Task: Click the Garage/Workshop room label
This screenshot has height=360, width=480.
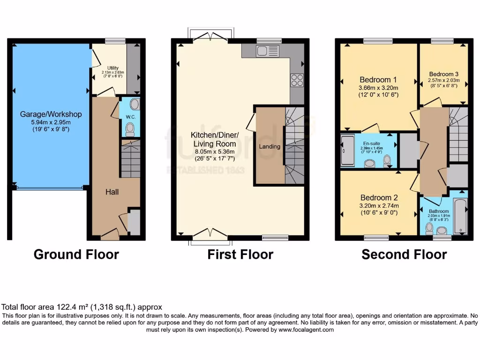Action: point(51,114)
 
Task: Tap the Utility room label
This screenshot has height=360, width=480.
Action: point(113,68)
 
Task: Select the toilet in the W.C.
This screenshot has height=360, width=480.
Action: point(130,128)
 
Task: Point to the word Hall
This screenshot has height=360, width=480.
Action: point(112,192)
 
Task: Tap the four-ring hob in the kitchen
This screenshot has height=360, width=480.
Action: point(297,80)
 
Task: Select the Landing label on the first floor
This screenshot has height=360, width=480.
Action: point(270,146)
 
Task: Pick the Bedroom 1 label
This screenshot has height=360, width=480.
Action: point(378,79)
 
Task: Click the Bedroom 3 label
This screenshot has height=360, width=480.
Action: point(444,74)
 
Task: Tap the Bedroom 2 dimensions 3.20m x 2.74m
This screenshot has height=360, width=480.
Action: point(378,206)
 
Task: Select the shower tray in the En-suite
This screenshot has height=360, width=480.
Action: point(348,150)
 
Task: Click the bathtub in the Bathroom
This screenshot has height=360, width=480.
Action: point(460,216)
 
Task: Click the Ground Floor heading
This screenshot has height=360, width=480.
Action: point(76,255)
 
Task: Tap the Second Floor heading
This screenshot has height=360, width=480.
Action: point(404,255)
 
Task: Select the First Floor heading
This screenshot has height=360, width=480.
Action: point(240,255)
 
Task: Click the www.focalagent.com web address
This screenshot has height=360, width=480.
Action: point(306,330)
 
